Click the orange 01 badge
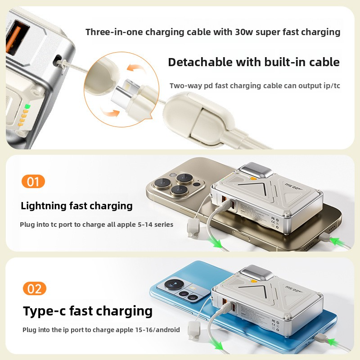click(33, 182)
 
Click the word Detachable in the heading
click(196, 62)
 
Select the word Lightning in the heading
click(43, 206)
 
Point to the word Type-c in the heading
click(46, 311)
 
